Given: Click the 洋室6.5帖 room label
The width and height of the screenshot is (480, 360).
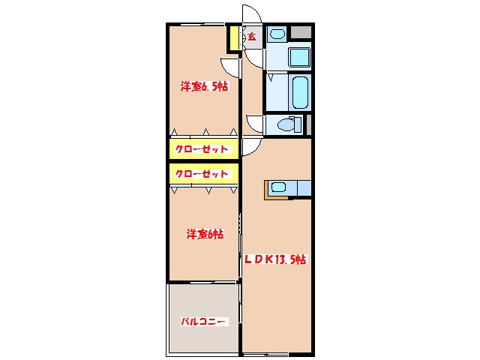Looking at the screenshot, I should tap(203, 86).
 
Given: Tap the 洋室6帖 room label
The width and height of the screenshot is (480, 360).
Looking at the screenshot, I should tap(205, 235).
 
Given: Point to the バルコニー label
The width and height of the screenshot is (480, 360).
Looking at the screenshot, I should tap(202, 322).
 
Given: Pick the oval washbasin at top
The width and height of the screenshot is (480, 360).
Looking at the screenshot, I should tap(277, 34).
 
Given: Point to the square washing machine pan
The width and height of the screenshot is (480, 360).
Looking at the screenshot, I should tap(300, 57).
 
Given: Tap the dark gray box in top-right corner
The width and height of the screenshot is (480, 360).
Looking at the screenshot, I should tap(301, 32).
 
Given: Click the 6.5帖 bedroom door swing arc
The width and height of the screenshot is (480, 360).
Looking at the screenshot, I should tap(230, 66).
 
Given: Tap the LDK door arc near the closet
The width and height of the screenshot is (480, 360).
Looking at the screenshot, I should tap(250, 147).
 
